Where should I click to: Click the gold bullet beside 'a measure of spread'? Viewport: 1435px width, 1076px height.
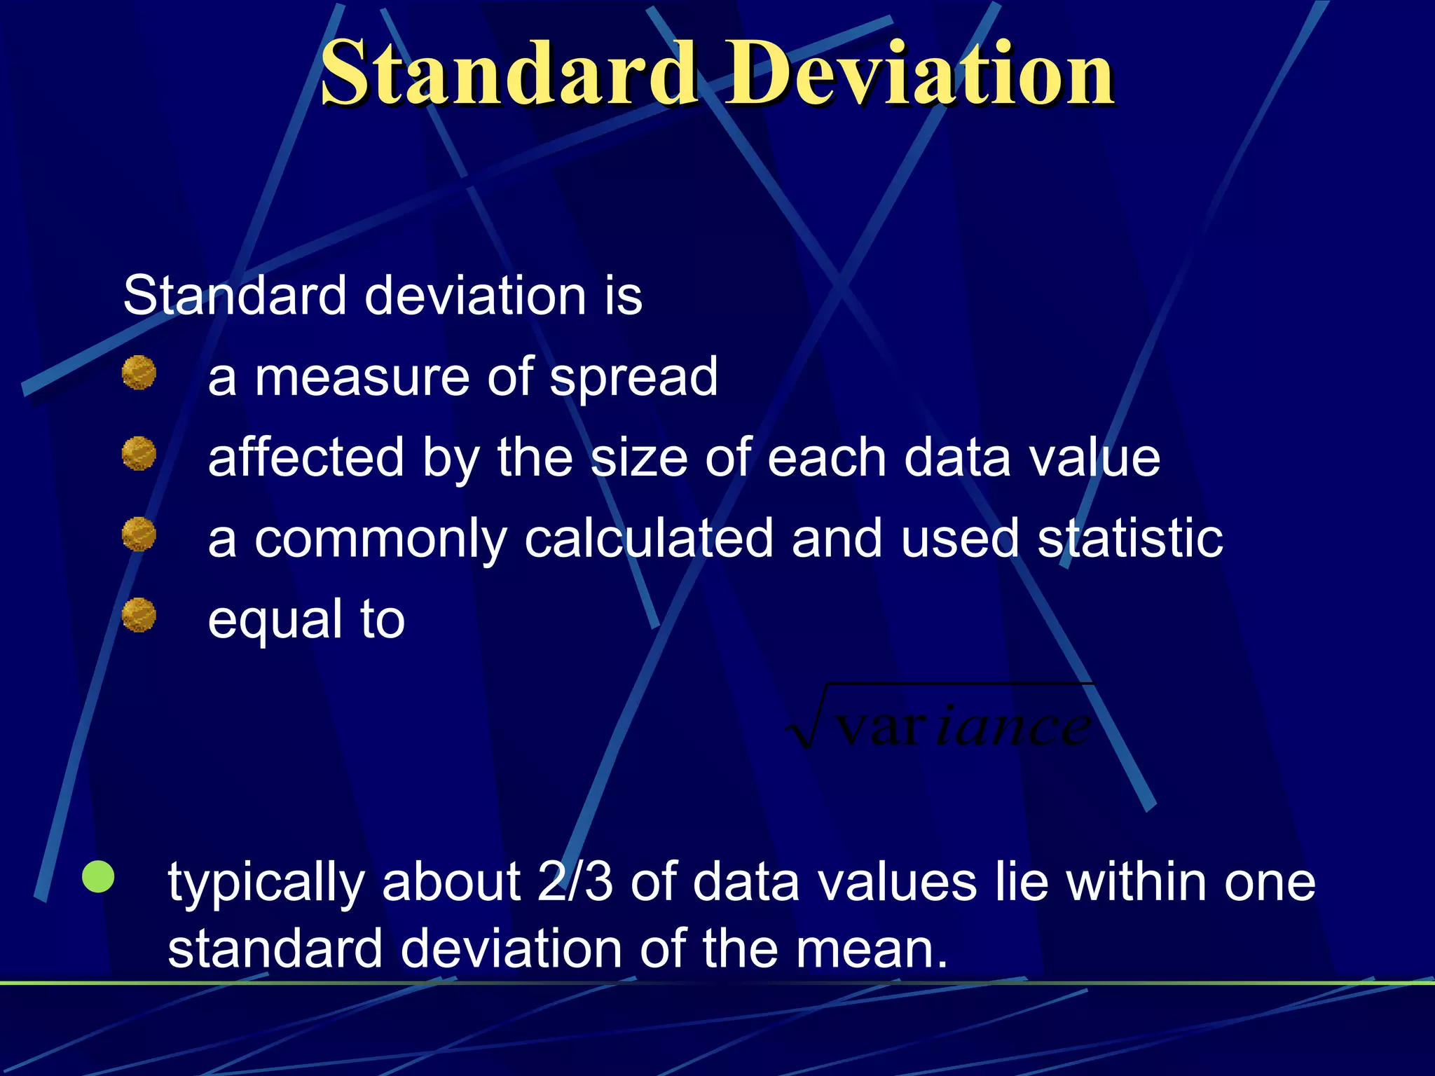tap(139, 372)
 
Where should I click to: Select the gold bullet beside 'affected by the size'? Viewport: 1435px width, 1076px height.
tap(139, 453)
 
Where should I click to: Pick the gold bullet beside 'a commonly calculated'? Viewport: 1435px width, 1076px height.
tap(139, 534)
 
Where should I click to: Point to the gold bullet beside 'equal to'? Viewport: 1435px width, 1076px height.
tap(139, 614)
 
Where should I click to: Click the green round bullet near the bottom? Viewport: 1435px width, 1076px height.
tap(98, 876)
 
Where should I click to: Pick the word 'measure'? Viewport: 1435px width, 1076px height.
tap(361, 378)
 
